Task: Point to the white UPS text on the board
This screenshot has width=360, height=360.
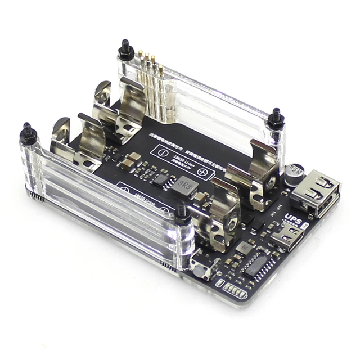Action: (x=292, y=218)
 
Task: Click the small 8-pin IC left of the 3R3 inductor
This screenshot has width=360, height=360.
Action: (x=163, y=179)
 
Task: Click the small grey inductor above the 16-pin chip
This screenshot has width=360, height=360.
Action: (x=244, y=246)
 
